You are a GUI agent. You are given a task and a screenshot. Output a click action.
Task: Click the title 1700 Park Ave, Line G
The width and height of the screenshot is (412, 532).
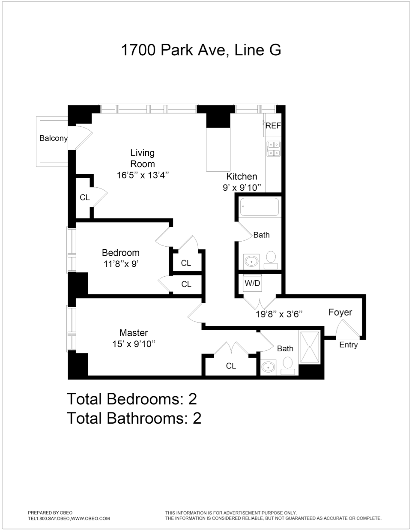201,50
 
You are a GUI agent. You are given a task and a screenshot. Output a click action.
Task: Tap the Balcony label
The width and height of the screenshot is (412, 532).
54,138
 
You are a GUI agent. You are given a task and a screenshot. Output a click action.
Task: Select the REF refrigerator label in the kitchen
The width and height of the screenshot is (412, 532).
273,126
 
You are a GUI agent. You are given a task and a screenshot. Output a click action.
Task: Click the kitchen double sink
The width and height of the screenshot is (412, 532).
274,148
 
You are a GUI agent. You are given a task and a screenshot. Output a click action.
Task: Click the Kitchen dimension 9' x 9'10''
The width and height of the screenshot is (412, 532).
242,188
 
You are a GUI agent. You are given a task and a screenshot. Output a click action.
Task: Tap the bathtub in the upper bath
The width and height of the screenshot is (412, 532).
260,207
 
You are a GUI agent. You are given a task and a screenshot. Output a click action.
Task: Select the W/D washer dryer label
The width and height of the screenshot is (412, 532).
252,283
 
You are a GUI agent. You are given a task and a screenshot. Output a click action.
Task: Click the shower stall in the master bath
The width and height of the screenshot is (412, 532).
310,347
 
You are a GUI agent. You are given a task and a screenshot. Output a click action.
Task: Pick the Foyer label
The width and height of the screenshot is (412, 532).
340,312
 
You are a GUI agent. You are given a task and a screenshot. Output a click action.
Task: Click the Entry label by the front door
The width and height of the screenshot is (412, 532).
348,345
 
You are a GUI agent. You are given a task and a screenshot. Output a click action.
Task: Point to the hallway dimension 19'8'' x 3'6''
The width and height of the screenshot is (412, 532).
279,314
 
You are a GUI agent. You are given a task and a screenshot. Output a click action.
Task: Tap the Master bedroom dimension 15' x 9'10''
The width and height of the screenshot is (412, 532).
134,344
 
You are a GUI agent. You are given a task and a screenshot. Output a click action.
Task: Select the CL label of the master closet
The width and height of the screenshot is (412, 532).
231,366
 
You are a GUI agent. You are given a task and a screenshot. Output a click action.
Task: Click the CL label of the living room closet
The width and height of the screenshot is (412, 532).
85,197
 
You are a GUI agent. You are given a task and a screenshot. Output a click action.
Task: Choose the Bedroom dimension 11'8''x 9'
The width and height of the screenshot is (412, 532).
121,264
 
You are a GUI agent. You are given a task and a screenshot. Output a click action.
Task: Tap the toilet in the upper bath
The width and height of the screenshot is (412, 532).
271,258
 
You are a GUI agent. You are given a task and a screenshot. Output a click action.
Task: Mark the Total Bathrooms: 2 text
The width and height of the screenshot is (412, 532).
134,418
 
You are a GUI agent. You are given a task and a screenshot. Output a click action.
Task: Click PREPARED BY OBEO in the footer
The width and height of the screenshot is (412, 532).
50,513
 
